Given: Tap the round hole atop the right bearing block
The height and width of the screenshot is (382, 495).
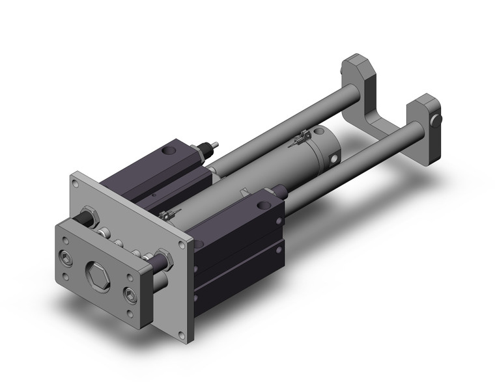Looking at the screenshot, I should click(x=262, y=206).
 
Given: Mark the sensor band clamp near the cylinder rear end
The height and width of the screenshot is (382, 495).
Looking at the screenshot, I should click(x=302, y=137).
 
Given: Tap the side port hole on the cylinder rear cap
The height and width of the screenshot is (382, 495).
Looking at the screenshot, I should click(x=334, y=158).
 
